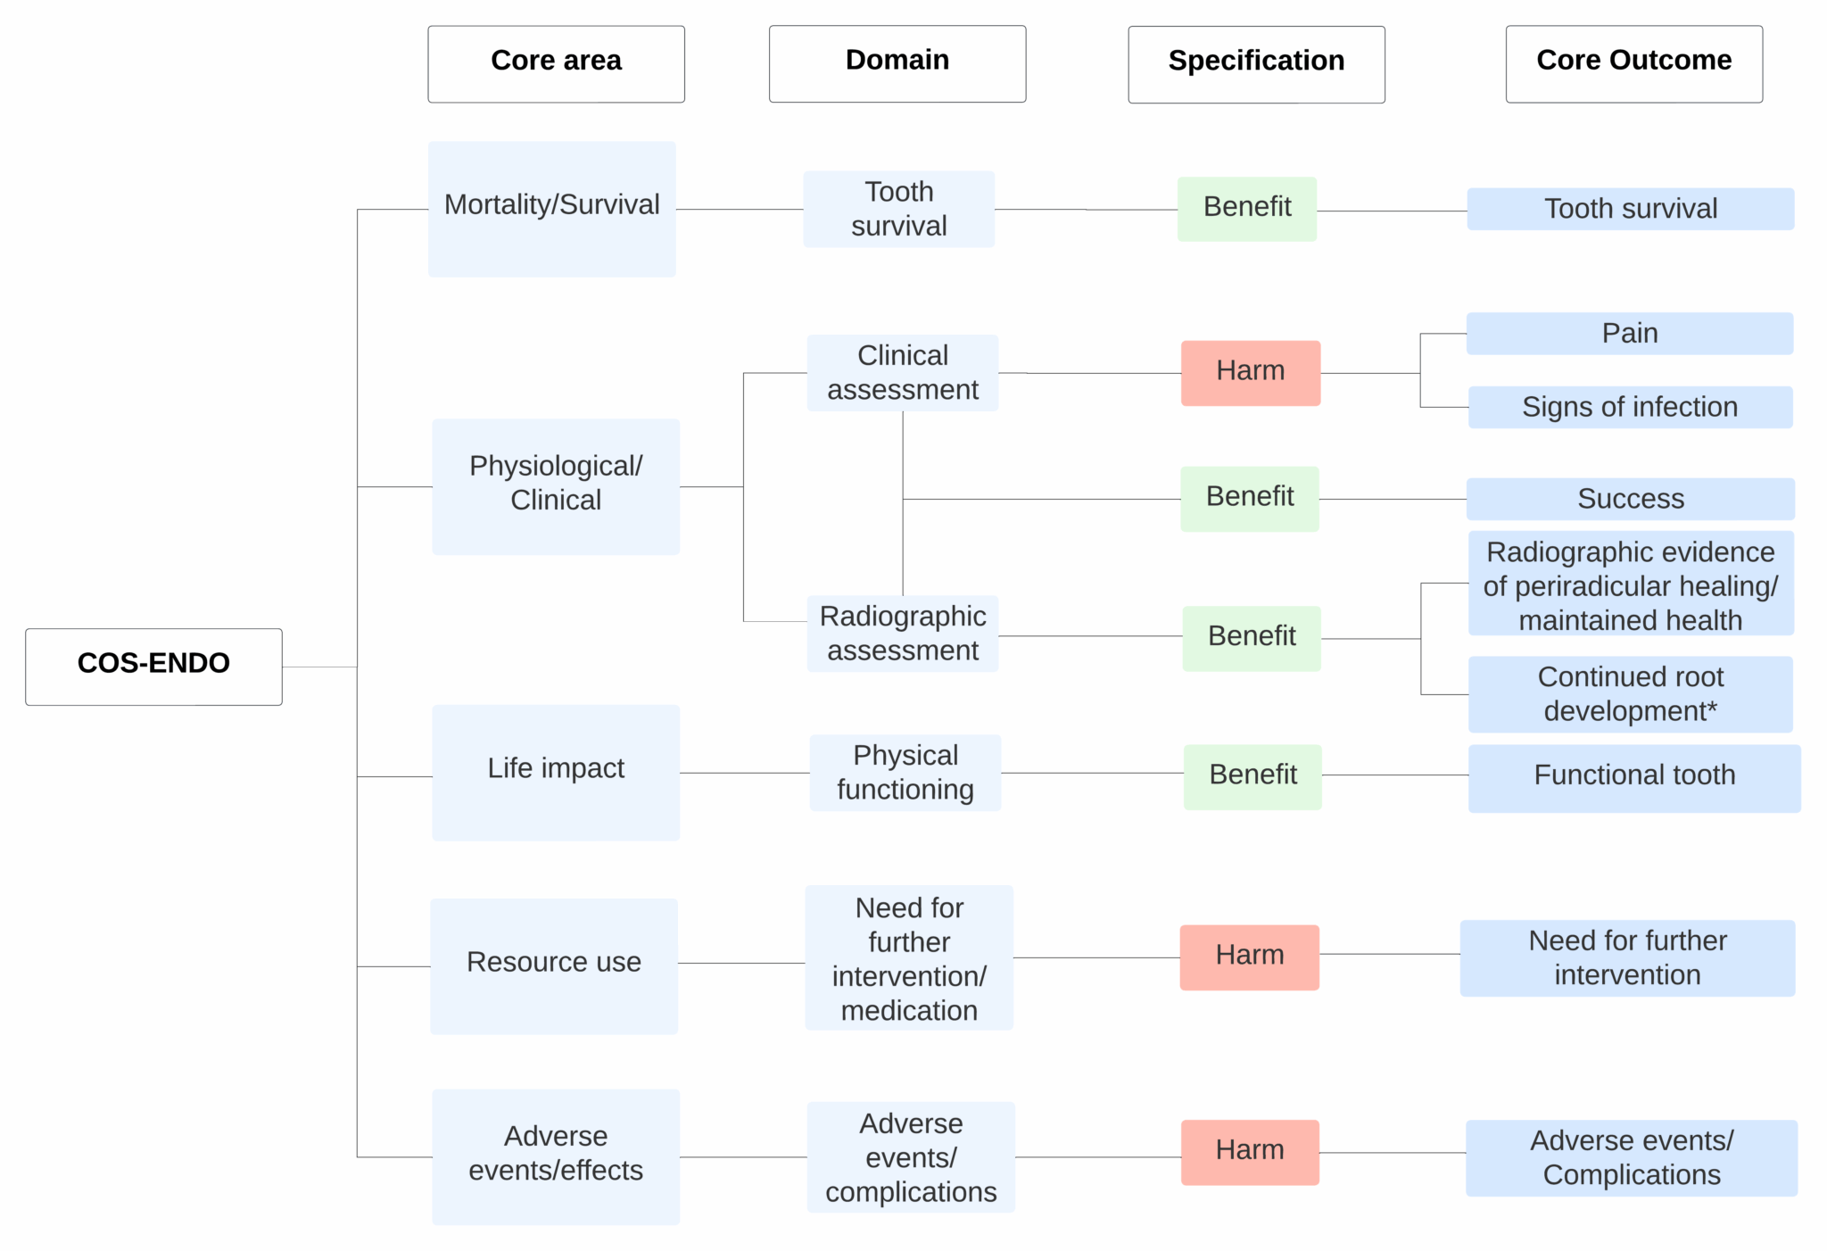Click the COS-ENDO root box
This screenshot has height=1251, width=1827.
coord(153,666)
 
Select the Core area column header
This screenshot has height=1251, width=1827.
coord(556,63)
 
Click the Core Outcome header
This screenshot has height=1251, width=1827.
coord(1633,63)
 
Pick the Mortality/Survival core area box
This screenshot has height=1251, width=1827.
coord(551,208)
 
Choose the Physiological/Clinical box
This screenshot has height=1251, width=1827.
coord(555,485)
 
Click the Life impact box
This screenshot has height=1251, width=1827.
coord(555,771)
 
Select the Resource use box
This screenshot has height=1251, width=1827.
coord(553,965)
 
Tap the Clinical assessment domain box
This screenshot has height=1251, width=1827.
coord(902,372)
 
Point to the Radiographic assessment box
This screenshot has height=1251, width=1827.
coord(902,633)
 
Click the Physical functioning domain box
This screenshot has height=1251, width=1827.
coord(905,772)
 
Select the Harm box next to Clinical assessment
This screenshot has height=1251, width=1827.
coord(1250,372)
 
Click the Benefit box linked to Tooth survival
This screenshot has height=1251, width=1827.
coord(1246,208)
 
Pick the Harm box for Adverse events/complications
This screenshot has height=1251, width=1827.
coord(1249,1151)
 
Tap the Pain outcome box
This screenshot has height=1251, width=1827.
coord(1629,333)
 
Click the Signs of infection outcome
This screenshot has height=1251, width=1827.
coord(1629,407)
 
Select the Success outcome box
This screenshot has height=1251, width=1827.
coord(1630,498)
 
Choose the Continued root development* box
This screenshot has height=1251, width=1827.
coord(1630,693)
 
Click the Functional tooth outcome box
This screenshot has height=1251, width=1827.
coord(1633,777)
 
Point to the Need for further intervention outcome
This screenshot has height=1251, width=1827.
coord(1626,957)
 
